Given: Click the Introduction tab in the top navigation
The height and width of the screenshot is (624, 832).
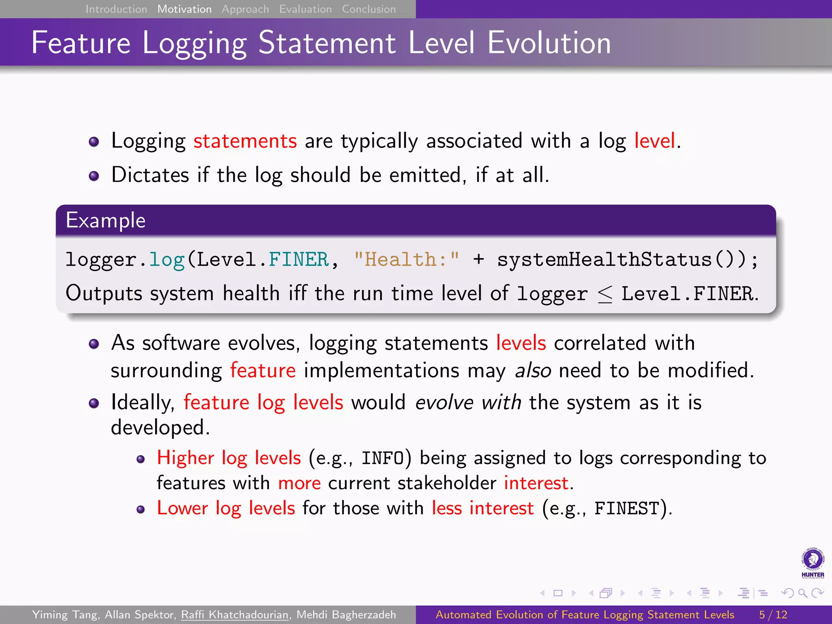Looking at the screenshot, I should pos(116,9).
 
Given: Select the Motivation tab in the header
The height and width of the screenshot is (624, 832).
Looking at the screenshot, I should pos(184,9).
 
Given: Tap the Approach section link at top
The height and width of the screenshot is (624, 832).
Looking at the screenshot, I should pos(245,9).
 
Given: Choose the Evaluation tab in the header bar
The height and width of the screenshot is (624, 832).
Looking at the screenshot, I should pos(305,9).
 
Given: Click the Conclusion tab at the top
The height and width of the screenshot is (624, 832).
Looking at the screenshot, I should pos(369,9).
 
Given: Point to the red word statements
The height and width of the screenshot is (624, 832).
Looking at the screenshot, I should pos(245,141).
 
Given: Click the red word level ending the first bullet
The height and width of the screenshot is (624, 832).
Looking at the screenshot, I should pos(655,141).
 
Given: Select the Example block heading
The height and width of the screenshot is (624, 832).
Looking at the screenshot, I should pos(106,221).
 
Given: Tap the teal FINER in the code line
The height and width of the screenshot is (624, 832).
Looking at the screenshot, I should pos(299,260).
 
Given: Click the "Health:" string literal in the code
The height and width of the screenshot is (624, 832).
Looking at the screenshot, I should pos(407,260).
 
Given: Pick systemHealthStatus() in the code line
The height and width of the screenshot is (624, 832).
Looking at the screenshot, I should pos(622,260).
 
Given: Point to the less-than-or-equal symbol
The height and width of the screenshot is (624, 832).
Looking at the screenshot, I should pos(605,294).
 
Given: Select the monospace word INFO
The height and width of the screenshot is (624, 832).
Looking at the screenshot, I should pos(383,459).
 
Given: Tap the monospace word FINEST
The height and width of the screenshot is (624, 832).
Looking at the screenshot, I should pos(627,509).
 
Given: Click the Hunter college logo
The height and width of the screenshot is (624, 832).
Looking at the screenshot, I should pos(812,563).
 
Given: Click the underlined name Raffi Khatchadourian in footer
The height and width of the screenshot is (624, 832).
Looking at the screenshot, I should pos(235,615).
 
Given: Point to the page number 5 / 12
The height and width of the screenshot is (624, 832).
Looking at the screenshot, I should pos(773,615).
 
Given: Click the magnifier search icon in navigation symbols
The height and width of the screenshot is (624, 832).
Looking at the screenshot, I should pos(802,594).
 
